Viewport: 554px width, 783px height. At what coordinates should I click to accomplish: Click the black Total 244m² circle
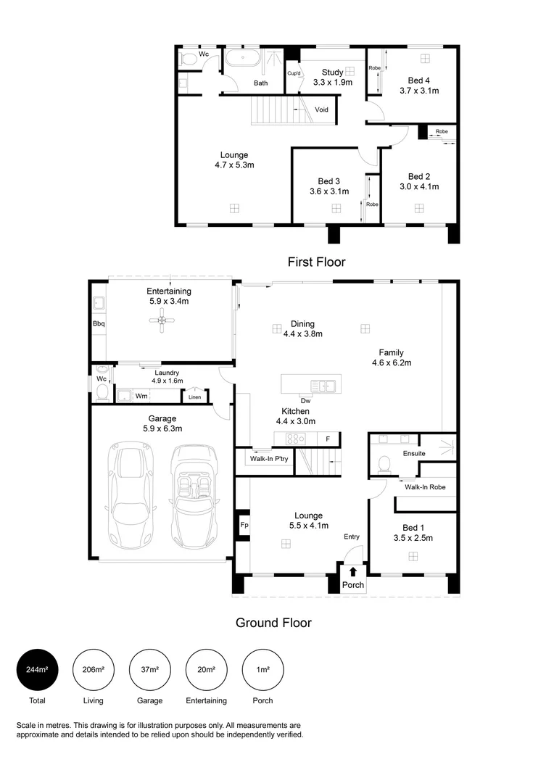coord(37,669)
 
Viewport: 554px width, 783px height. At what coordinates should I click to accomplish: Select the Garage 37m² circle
coord(150,669)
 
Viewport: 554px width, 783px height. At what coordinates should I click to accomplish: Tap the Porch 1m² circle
coord(262,669)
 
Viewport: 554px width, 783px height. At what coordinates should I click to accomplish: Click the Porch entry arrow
coord(353,572)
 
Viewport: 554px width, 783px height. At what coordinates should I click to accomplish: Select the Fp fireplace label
coord(244,524)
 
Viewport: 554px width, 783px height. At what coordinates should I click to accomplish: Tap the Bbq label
coord(99,323)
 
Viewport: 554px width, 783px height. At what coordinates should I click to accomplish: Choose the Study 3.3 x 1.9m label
coord(333,77)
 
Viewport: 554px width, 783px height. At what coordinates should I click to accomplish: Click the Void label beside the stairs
coord(321,109)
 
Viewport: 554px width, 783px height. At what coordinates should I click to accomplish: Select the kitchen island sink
coord(323,386)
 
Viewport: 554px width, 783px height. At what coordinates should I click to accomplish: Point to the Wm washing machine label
coord(141,396)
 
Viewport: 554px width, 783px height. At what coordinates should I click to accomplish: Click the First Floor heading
coord(316,262)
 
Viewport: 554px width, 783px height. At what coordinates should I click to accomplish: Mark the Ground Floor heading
coord(273,622)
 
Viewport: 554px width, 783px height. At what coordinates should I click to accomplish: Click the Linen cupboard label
coord(194,397)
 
